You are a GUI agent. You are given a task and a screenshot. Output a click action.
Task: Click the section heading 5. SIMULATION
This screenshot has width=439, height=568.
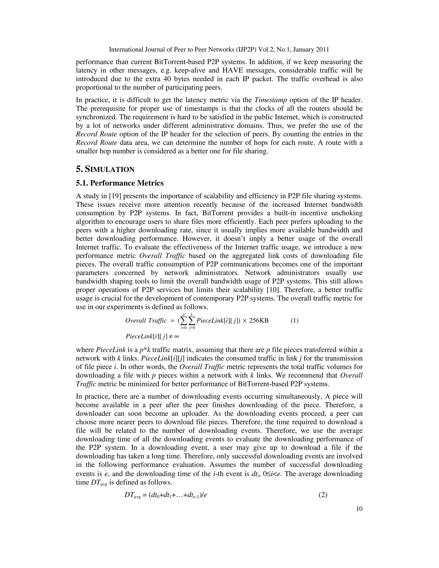(x=105, y=169)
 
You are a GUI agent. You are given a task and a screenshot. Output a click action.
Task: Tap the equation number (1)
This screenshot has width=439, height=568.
(x=294, y=320)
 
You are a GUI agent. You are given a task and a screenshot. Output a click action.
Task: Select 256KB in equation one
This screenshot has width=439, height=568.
(x=259, y=320)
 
